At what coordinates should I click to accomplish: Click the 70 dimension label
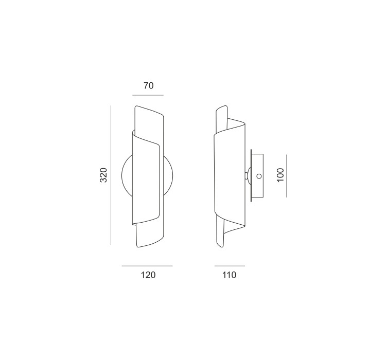coord(149,85)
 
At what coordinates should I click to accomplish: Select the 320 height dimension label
coord(103,175)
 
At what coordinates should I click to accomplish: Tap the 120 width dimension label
coord(148,275)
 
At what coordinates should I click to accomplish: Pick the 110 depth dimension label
coord(230,275)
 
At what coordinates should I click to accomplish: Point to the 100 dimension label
coord(280,175)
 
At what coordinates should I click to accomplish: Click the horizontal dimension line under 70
coord(148,95)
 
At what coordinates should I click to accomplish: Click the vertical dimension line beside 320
coord(111,175)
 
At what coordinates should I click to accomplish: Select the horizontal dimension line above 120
coord(147,266)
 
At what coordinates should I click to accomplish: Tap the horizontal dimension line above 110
coord(230,266)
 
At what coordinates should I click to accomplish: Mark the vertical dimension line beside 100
coord(286,176)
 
